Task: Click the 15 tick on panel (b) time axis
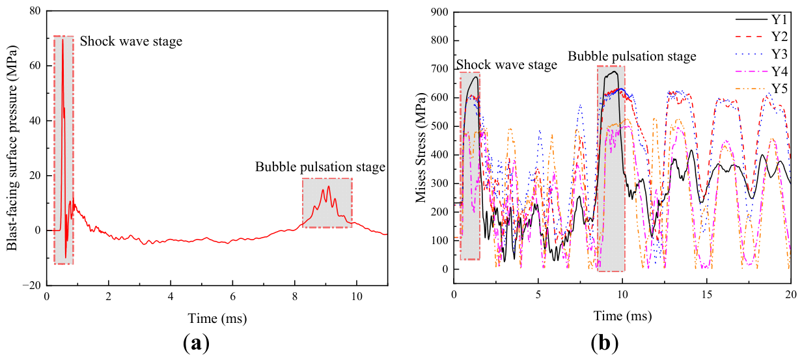[x=707, y=294]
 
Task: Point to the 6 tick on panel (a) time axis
[x=233, y=297]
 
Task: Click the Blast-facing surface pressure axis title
[x=12, y=148]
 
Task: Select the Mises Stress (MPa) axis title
[x=421, y=148]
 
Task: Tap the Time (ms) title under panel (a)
[x=217, y=318]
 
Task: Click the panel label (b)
[x=604, y=343]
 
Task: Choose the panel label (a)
[x=196, y=343]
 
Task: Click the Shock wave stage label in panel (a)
[x=131, y=42]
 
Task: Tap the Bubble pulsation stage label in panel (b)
[x=632, y=57]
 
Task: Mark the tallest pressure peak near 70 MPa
[x=62, y=40]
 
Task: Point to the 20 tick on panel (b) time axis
[x=790, y=294]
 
